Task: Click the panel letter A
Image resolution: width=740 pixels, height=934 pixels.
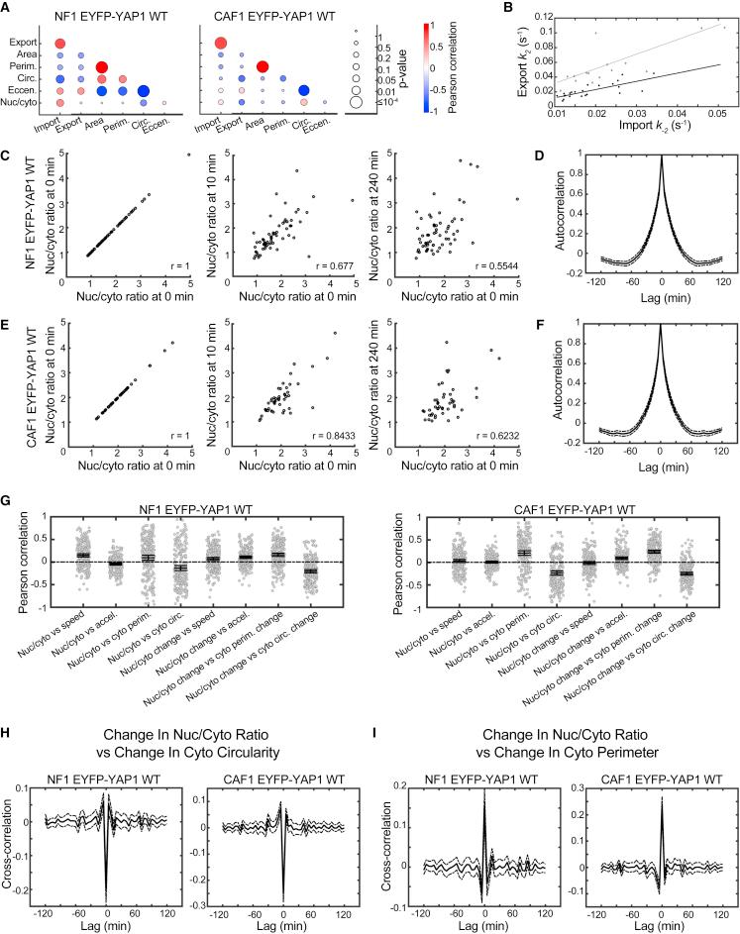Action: (x=8, y=8)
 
